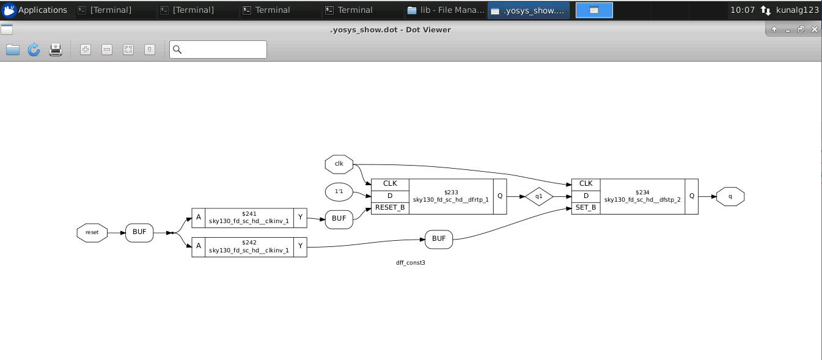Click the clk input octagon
339,164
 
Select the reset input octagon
92,233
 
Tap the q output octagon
730,196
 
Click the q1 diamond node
538,197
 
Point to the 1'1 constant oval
339,193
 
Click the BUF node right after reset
139,232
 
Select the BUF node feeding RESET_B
339,219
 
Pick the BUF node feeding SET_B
439,239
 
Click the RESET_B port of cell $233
390,208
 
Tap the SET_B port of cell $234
585,208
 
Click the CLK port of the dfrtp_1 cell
390,184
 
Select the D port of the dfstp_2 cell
585,196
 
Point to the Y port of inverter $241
300,217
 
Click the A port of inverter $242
199,246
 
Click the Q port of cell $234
691,196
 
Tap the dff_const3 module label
410,262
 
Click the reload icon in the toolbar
34,50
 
